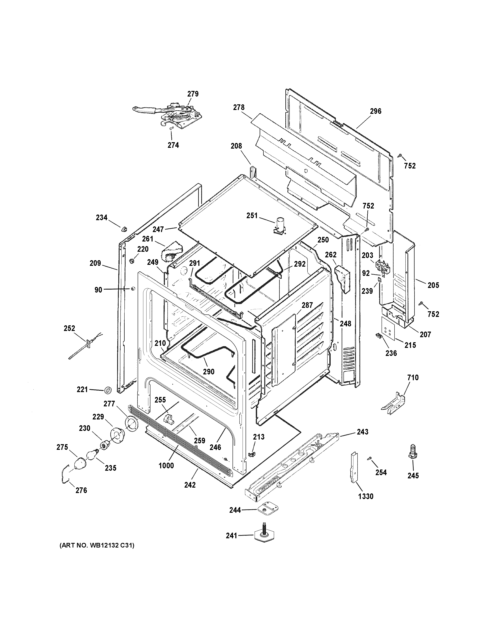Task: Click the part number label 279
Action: coord(193,94)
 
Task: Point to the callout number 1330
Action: coord(366,496)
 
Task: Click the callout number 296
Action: coord(375,111)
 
